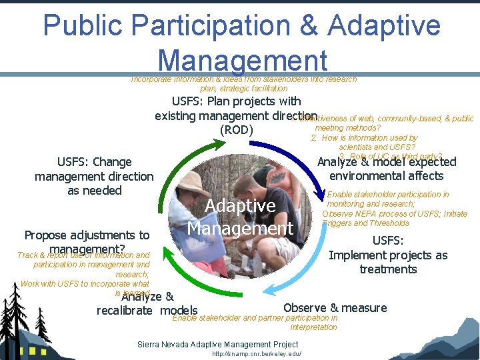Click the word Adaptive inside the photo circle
click(240, 206)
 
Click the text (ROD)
click(237, 130)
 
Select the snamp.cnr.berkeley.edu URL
click(257, 354)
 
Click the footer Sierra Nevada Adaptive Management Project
click(217, 344)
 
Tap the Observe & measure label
click(335, 307)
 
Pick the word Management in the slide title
click(243, 60)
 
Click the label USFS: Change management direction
click(94, 176)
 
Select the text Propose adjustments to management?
click(87, 242)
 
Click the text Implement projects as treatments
click(388, 262)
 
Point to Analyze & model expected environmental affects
click(387, 169)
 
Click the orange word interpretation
click(313, 327)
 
